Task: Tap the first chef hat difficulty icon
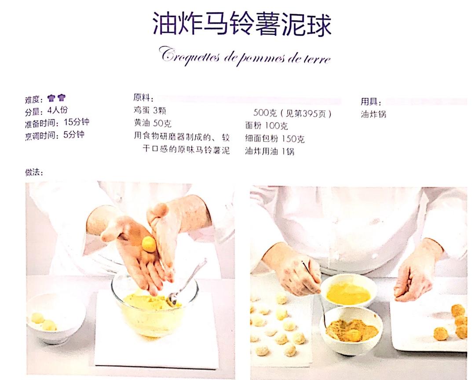pos(51,98)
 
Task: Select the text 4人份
pos(58,110)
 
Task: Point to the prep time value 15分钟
pos(77,122)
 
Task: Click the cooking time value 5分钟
pos(73,135)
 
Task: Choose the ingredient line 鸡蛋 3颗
pos(150,110)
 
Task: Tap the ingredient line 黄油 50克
pos(152,123)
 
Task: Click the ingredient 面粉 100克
pos(266,126)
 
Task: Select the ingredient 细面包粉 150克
pos(275,139)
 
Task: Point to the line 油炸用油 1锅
pos(270,151)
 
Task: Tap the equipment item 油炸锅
pos(373,114)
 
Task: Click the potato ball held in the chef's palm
pos(149,244)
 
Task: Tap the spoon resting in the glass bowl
pos(186,282)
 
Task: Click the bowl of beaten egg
pos(348,291)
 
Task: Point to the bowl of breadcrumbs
pos(352,330)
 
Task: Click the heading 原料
pos(143,98)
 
